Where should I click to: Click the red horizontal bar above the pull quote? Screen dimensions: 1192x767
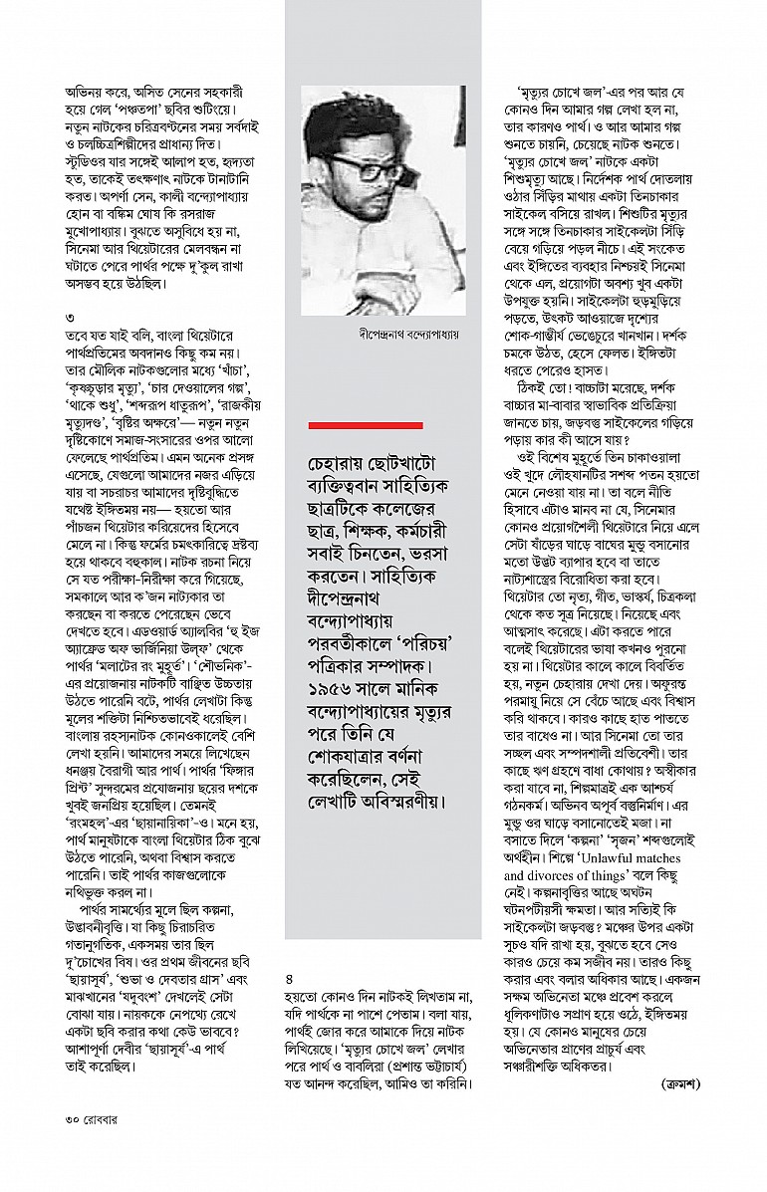coord(367,425)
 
